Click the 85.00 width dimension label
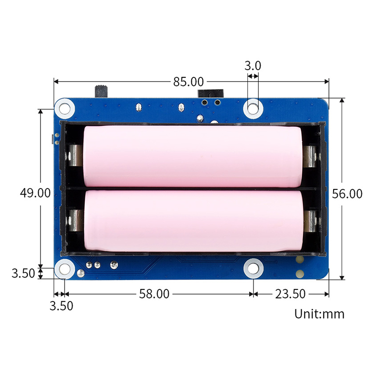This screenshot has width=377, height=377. (x=188, y=82)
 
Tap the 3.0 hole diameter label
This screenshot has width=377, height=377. (x=253, y=66)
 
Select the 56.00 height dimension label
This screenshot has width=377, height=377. (x=347, y=193)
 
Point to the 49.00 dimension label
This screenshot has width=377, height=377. (x=34, y=192)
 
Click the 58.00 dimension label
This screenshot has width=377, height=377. (x=154, y=294)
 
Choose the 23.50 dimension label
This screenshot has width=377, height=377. (x=290, y=294)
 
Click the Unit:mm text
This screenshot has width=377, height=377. (x=320, y=313)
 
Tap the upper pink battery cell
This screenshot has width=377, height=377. (x=192, y=156)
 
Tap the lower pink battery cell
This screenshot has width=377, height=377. (x=192, y=221)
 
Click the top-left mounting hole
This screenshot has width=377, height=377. (x=63, y=108)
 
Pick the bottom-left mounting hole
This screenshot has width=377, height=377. (x=63, y=270)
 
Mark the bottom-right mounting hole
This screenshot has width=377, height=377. (x=253, y=269)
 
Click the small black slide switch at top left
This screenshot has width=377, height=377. (x=101, y=90)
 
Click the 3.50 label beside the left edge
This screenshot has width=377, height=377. (x=22, y=273)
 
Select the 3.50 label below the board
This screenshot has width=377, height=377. (x=61, y=306)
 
